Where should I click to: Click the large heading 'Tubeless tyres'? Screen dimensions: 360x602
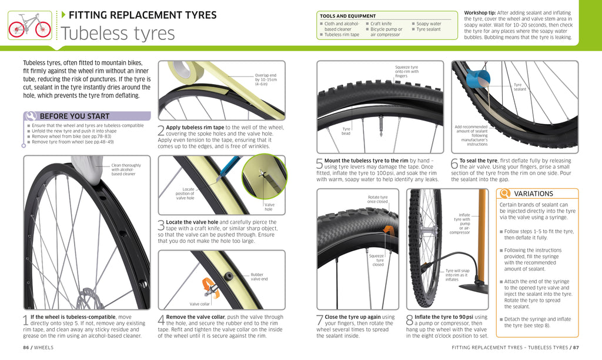pos(118,34)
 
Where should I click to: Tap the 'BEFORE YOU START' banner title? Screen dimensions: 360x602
pos(74,116)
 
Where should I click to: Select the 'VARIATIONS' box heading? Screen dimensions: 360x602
pos(533,194)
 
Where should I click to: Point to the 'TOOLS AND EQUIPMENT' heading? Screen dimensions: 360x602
pos(347,16)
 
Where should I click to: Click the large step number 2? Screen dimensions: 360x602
pos(161,131)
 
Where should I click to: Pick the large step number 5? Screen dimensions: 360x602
pos(320,165)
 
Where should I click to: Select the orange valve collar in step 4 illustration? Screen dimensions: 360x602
pos(209,286)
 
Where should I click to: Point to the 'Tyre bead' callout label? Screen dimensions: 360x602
pos(346,131)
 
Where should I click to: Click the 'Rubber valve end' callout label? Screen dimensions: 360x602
pos(259,276)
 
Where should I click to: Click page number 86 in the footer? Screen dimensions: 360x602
pos(26,348)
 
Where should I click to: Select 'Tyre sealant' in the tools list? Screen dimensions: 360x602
pos(428,29)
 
